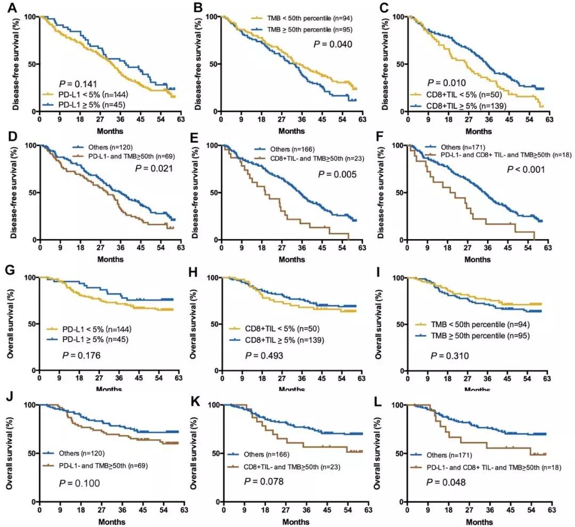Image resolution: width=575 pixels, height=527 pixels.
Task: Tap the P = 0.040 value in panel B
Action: click(x=333, y=44)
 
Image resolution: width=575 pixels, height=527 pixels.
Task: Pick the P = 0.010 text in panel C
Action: click(x=447, y=83)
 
